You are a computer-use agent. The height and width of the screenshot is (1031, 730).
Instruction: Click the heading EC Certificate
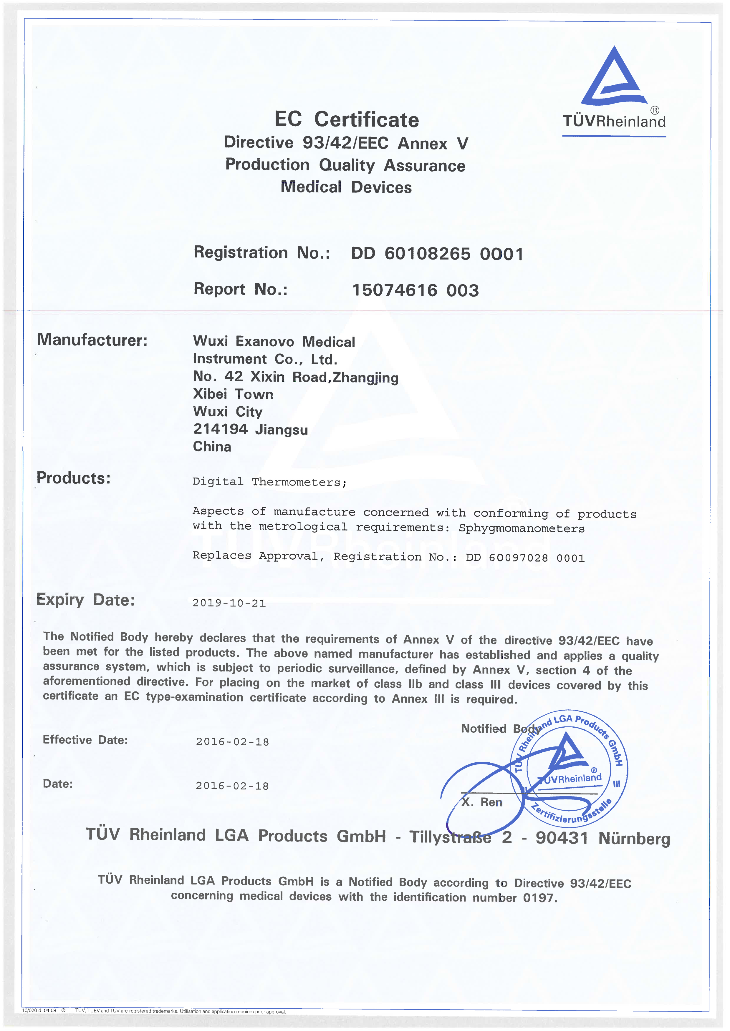pyautogui.click(x=347, y=119)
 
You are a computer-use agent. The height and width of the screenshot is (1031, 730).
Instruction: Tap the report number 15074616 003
pyautogui.click(x=415, y=290)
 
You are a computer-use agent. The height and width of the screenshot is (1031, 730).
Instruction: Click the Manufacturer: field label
pyautogui.click(x=92, y=340)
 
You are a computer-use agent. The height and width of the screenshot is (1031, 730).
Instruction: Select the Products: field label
pyautogui.click(x=74, y=478)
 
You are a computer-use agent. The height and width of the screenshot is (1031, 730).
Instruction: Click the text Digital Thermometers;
pyautogui.click(x=269, y=482)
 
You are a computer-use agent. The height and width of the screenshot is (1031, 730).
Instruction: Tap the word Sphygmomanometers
pyautogui.click(x=522, y=528)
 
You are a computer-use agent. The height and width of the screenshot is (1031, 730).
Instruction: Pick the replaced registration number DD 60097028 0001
pyautogui.click(x=525, y=558)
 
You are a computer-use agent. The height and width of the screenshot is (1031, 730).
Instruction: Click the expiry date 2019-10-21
pyautogui.click(x=229, y=603)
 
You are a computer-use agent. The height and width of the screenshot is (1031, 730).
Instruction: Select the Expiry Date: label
pyautogui.click(x=85, y=600)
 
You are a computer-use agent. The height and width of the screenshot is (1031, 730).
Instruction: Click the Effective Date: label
pyautogui.click(x=85, y=740)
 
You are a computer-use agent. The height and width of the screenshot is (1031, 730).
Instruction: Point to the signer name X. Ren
pyautogui.click(x=482, y=802)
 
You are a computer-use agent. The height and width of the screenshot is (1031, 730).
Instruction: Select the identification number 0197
pyautogui.click(x=539, y=898)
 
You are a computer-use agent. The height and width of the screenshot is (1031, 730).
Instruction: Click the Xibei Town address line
pyautogui.click(x=233, y=394)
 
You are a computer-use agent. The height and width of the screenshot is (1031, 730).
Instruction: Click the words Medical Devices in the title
pyautogui.click(x=346, y=187)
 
